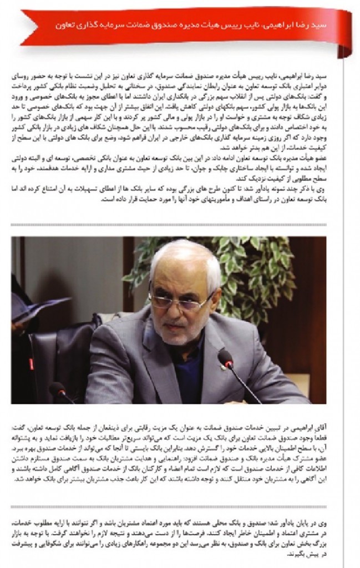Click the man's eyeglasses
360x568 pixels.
[179, 300]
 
